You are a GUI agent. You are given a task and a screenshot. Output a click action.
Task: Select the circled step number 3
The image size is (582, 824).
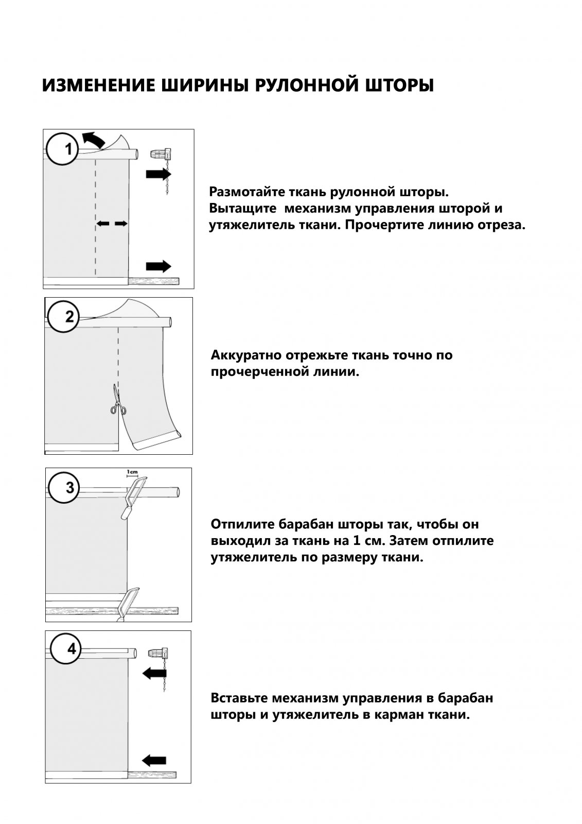click(x=63, y=487)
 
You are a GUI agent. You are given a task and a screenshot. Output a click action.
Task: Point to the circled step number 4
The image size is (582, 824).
click(x=64, y=648)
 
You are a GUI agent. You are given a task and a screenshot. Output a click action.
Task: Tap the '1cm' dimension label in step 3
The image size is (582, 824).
click(x=132, y=472)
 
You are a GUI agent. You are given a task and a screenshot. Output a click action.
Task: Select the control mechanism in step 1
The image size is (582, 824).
click(x=162, y=154)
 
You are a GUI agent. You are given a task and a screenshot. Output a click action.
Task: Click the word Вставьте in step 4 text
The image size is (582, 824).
click(x=239, y=698)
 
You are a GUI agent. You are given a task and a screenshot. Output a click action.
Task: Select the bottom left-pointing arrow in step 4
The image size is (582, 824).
click(x=154, y=760)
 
